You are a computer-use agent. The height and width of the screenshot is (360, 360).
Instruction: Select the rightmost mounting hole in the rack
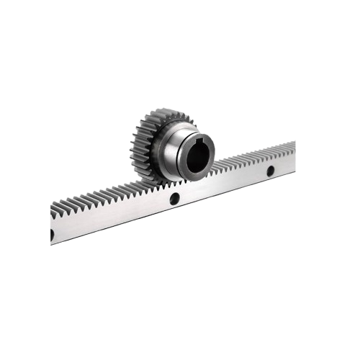(270, 171)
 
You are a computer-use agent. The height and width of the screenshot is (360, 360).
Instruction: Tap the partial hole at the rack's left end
(53, 235)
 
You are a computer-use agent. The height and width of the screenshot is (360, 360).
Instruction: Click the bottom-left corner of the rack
(51, 245)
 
